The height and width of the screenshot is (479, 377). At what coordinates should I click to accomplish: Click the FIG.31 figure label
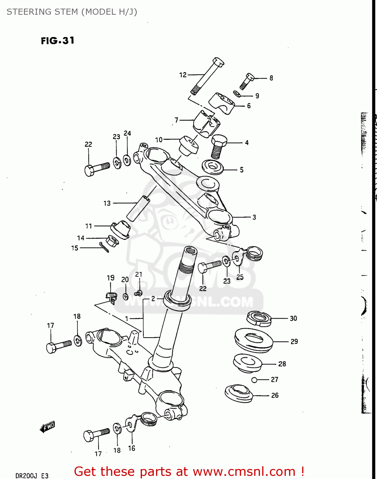pyautogui.click(x=58, y=41)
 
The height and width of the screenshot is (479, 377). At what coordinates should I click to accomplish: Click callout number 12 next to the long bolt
pyautogui.click(x=183, y=75)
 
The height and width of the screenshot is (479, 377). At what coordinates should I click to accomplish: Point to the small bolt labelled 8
pyautogui.click(x=246, y=81)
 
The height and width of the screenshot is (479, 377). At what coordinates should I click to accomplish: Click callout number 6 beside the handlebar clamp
pyautogui.click(x=249, y=106)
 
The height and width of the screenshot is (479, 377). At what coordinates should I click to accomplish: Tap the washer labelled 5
pyautogui.click(x=212, y=167)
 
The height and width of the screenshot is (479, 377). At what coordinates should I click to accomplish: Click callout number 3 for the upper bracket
pyautogui.click(x=254, y=217)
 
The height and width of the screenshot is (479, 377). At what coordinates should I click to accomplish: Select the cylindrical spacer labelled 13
pyautogui.click(x=138, y=208)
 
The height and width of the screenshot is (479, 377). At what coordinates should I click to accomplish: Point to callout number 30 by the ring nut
pyautogui.click(x=293, y=318)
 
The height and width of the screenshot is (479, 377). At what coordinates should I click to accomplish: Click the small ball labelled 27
pyautogui.click(x=254, y=380)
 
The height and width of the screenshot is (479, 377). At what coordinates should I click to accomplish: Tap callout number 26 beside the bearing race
pyautogui.click(x=275, y=395)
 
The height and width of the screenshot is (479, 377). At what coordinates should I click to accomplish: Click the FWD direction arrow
pyautogui.click(x=47, y=427)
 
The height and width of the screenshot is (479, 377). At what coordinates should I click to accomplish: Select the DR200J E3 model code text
pyautogui.click(x=32, y=475)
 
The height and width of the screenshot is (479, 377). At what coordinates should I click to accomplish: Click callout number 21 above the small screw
pyautogui.click(x=138, y=274)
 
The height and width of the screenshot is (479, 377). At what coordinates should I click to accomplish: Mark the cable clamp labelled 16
pyautogui.click(x=131, y=425)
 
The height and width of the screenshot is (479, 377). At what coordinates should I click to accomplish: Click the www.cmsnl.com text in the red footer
pyautogui.click(x=244, y=471)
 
